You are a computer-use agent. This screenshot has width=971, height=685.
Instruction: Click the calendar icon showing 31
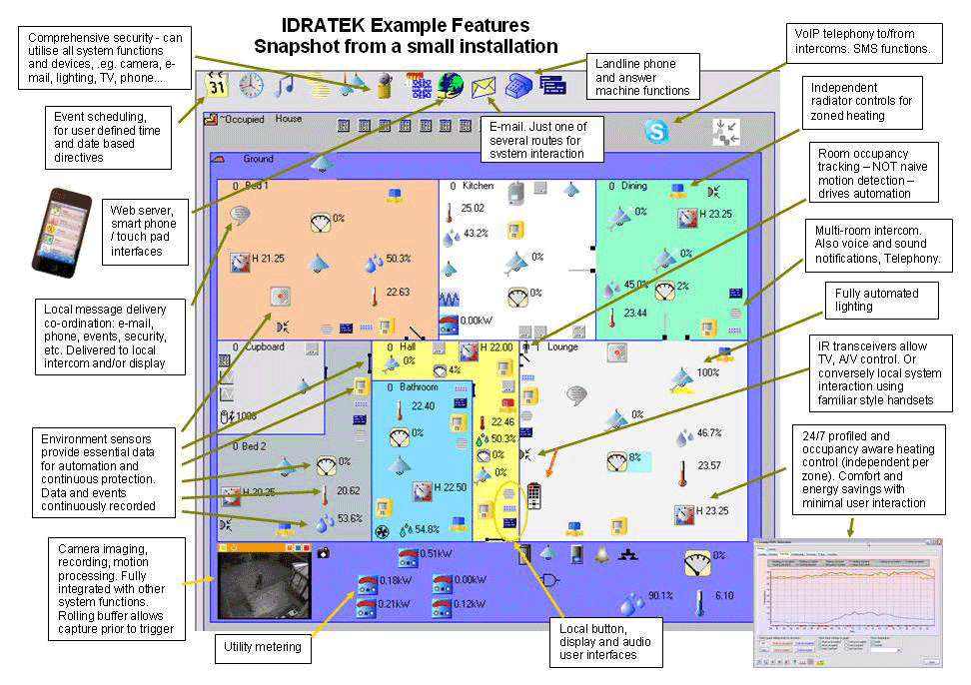217,86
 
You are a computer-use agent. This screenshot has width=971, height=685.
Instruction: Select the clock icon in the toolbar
251,86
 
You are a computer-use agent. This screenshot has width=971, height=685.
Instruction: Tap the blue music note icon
285,86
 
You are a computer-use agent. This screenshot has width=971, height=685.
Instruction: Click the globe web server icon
450,86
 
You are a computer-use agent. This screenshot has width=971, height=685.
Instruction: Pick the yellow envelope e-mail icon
485,87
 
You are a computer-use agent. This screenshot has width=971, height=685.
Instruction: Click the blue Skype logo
656,131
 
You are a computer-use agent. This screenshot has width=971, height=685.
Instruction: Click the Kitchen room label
478,186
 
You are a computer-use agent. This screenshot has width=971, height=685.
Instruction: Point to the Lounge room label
562,346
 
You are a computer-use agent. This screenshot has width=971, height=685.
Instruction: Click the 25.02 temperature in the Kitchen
473,209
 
